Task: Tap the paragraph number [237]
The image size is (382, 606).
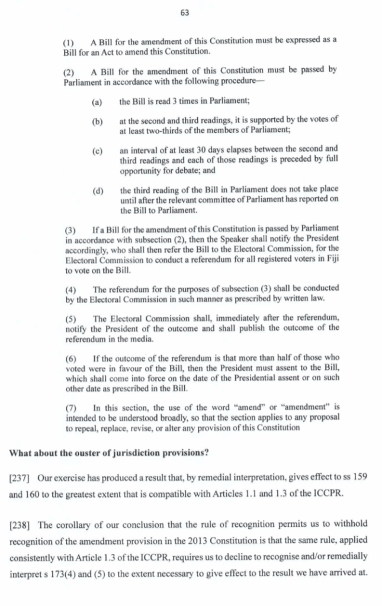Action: click(x=21, y=478)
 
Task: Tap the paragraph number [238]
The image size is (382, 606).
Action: click(x=21, y=523)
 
